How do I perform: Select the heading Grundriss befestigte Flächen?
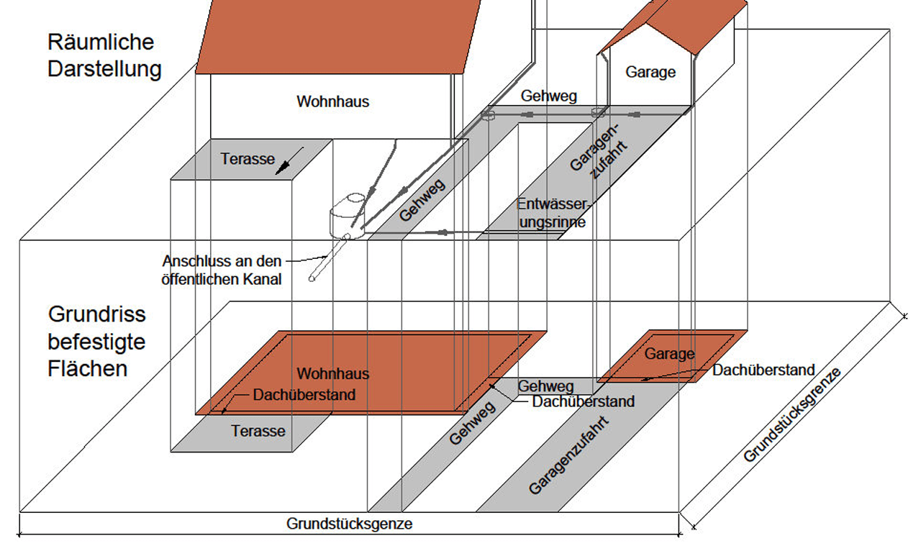click(97, 341)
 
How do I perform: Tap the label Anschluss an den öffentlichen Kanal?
click(222, 270)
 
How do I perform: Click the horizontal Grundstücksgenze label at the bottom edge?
click(350, 524)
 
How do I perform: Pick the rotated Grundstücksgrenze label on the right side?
click(792, 414)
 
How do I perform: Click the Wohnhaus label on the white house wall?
click(332, 101)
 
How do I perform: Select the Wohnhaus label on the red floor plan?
click(333, 374)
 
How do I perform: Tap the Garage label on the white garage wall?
click(650, 72)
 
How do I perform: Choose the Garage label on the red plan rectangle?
click(669, 354)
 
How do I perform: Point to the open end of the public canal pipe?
click(313, 278)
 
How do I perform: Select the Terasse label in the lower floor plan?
click(258, 432)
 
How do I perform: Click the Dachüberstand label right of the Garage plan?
click(763, 370)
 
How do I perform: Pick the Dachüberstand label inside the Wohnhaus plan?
click(304, 395)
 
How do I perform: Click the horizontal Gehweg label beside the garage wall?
click(549, 96)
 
